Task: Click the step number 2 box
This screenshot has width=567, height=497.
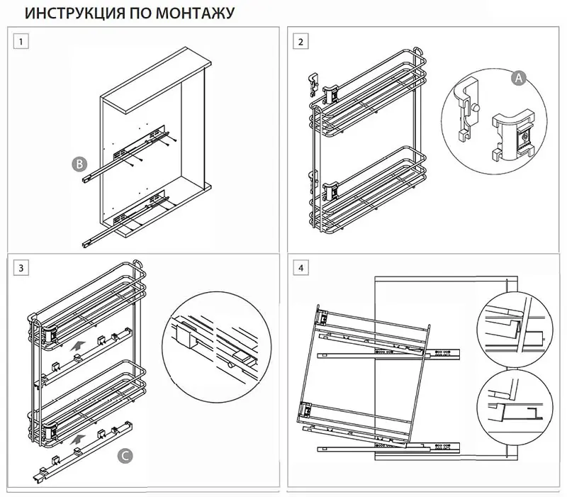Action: (302, 42)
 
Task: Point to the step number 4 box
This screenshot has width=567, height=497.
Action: (302, 267)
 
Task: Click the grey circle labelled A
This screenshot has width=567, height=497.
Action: (519, 79)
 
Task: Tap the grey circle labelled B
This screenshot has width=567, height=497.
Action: (79, 164)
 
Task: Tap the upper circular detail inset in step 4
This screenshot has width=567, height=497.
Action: (512, 328)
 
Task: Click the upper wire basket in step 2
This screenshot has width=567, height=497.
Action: (369, 99)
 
